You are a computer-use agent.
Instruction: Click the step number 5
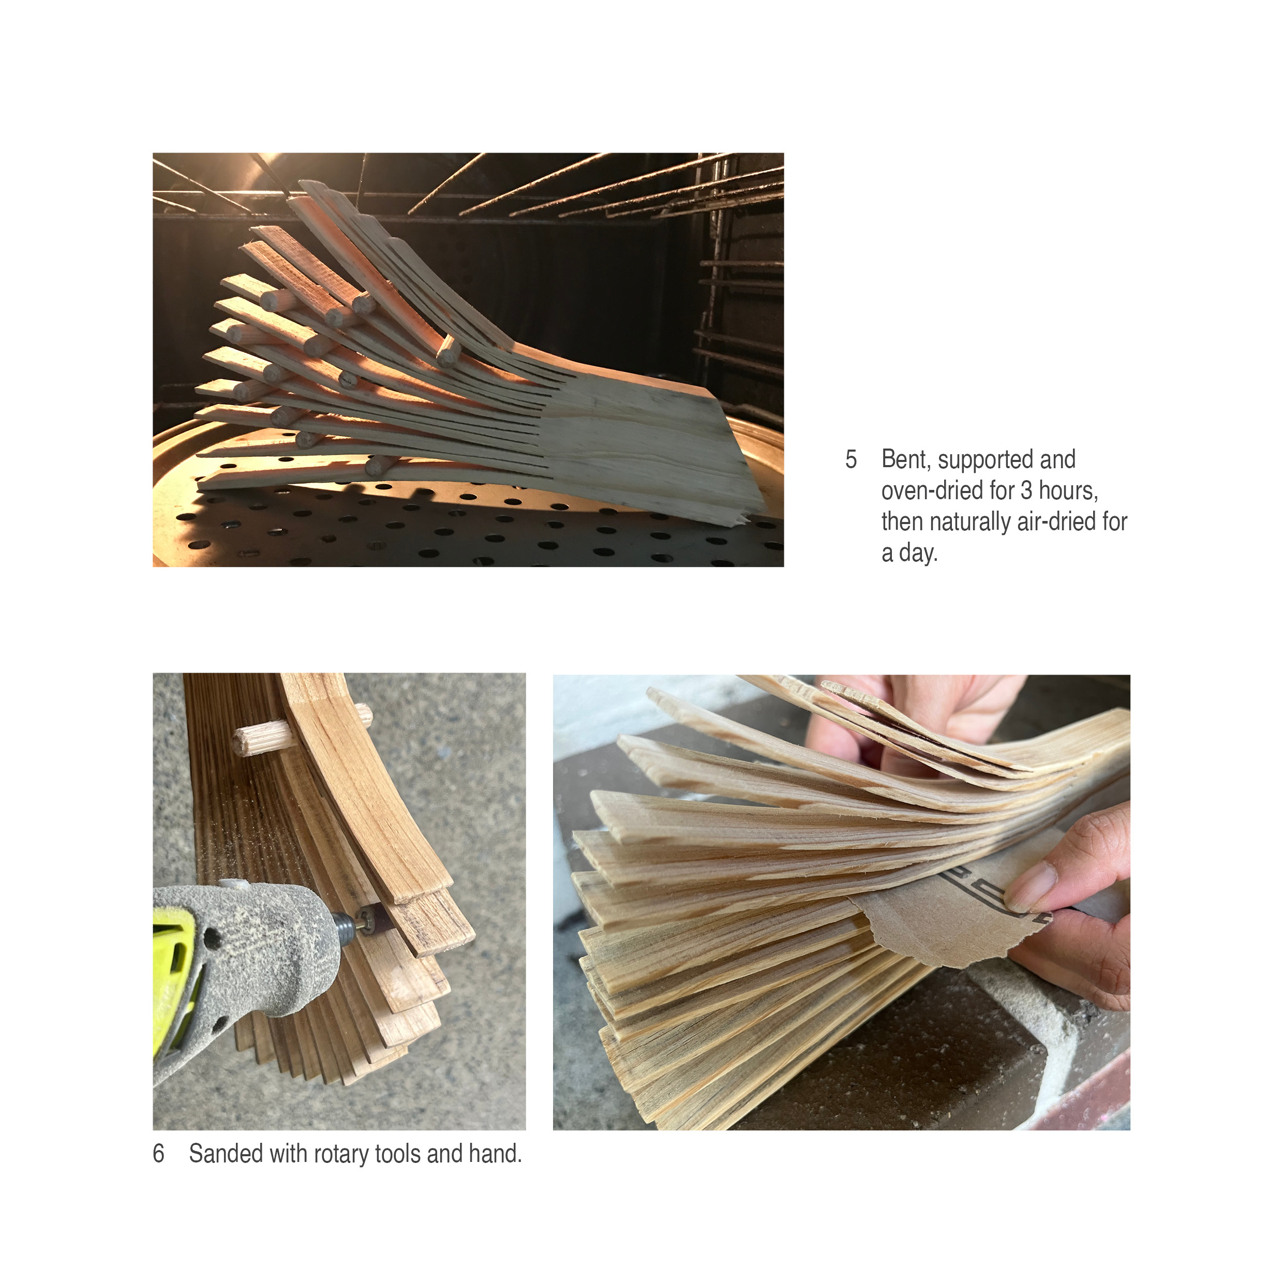tap(851, 459)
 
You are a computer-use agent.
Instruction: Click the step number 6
tap(159, 1154)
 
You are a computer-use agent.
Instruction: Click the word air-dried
tap(1056, 522)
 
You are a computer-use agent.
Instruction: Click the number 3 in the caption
tap(1026, 491)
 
